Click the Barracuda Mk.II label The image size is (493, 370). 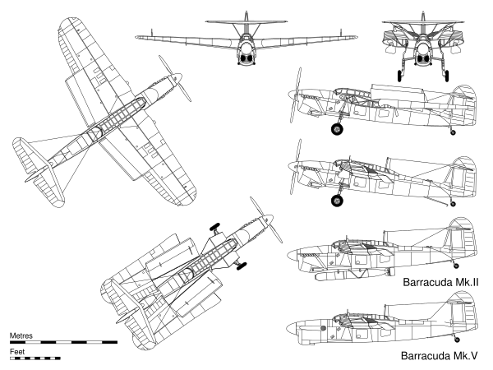point(440,282)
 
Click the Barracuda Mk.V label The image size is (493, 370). point(439,355)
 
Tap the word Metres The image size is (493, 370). point(21,335)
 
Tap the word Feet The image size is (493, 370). point(17,351)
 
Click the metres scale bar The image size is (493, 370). point(63,342)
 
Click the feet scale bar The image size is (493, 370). point(35,358)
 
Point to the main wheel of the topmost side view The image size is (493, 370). point(337,129)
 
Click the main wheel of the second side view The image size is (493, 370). point(337,201)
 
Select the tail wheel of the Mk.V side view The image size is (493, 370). point(457,340)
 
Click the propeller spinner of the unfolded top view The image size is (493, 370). point(177,77)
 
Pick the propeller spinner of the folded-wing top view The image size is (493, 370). point(268,219)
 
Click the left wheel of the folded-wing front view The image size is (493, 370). point(399,76)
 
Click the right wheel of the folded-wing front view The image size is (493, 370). point(447,76)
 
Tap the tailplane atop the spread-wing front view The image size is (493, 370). point(246,21)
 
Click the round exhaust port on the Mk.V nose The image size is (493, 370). point(322,328)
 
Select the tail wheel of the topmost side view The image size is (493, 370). point(453,132)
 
